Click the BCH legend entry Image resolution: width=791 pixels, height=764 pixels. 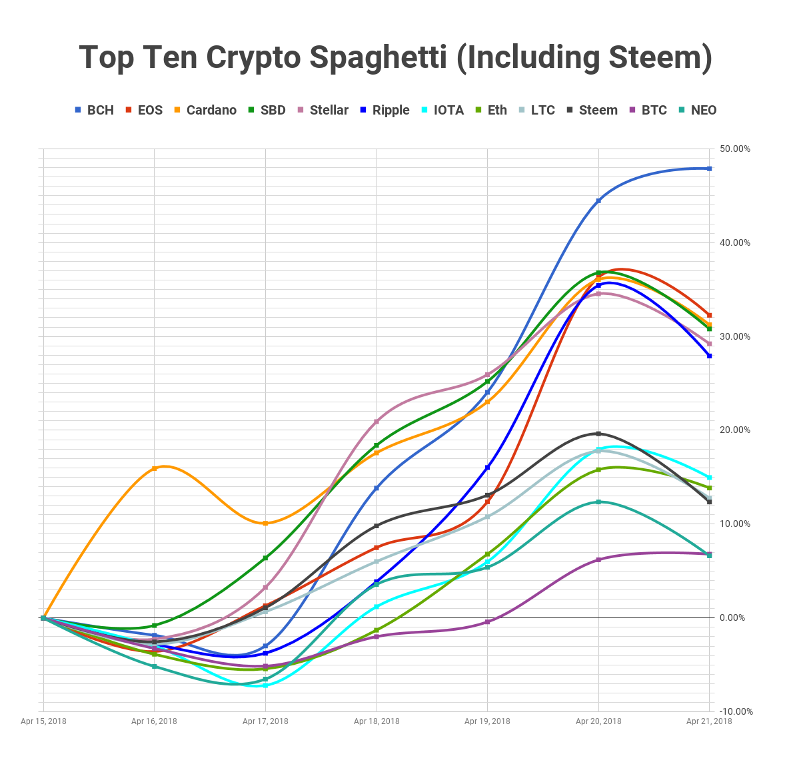tap(94, 110)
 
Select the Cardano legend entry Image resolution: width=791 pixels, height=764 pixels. tap(205, 110)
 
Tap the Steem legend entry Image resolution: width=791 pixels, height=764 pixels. tap(592, 110)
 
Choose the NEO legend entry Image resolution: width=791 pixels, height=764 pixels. tap(697, 110)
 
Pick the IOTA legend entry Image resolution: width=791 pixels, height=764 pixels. tap(442, 110)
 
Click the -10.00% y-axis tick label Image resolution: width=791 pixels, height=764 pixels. tap(735, 711)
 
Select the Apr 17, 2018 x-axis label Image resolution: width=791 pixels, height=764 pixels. tap(265, 721)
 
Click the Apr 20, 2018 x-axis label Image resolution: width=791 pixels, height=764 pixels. tap(598, 721)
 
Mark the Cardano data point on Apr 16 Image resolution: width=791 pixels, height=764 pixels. tap(155, 469)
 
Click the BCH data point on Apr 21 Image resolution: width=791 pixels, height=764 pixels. tap(710, 169)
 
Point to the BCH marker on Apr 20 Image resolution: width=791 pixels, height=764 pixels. tap(598, 200)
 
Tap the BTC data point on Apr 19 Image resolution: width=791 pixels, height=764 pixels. tap(488, 621)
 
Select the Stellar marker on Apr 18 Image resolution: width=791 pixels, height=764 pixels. tap(377, 422)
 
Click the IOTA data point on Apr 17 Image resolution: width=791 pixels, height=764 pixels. tap(265, 685)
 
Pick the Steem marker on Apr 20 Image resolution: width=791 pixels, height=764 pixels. tap(598, 434)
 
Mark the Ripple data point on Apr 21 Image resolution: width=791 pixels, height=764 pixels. tap(710, 356)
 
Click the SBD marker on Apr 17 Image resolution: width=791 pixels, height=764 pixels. tap(265, 558)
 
